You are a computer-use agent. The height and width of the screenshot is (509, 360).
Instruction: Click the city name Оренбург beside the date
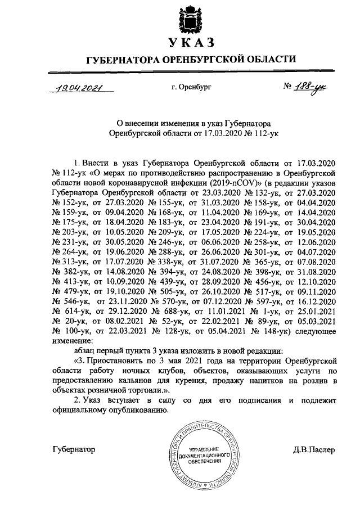[x=189, y=88]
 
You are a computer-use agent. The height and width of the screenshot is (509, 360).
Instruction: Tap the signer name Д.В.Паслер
[x=313, y=451]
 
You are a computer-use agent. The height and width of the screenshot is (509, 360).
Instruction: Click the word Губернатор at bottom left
[x=73, y=450]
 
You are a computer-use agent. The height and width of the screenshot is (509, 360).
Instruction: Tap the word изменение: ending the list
[x=73, y=341]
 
